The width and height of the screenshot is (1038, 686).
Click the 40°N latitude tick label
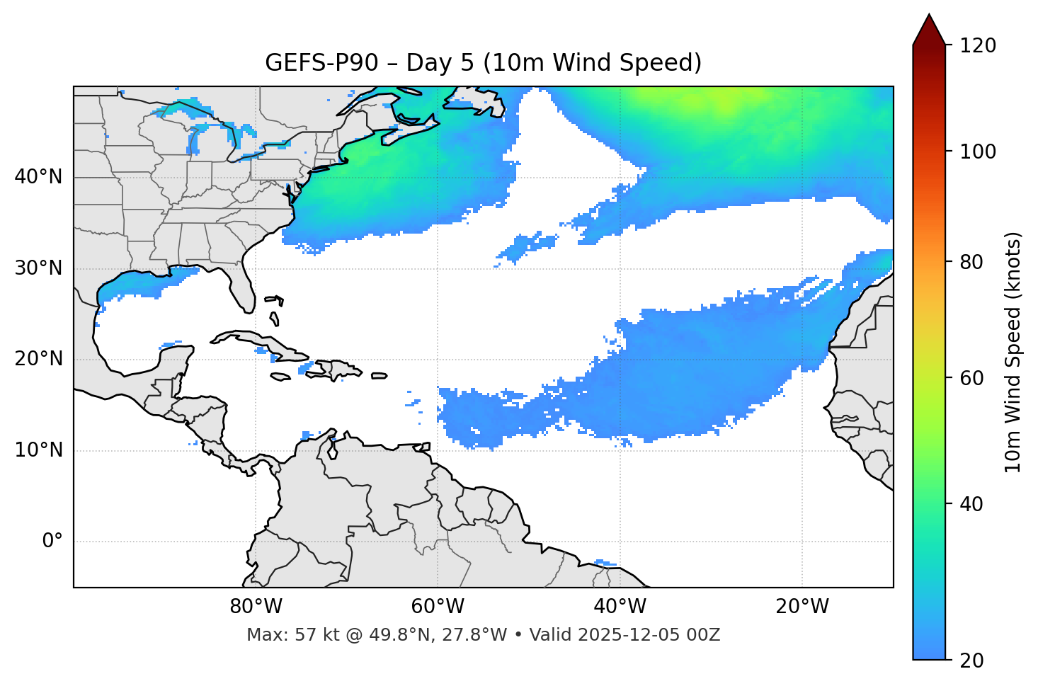point(38,177)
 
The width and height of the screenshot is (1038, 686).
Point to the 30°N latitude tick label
point(38,268)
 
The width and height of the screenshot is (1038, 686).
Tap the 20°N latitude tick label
point(38,359)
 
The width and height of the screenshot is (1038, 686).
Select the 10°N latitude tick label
point(38,450)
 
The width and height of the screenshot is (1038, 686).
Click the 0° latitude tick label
point(52,542)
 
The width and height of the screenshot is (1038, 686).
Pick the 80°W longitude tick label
point(256,607)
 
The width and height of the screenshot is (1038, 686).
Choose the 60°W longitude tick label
point(438,607)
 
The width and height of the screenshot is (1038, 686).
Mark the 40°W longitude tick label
point(620,607)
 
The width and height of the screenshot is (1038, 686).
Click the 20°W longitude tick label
point(802,607)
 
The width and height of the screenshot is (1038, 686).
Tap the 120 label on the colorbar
point(978,46)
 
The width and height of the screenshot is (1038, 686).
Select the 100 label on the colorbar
point(978,152)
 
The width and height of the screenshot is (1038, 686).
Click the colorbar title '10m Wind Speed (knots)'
point(1013,353)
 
